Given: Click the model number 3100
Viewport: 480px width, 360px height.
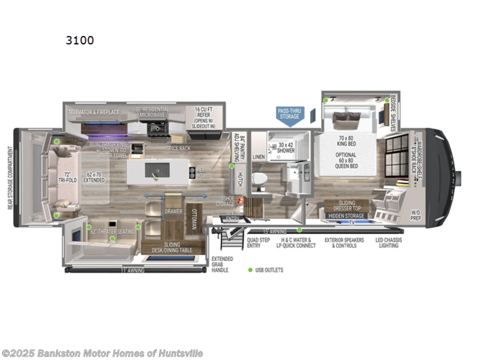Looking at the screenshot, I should tap(79, 40).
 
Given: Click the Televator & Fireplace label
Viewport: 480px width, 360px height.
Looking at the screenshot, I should tap(95, 111).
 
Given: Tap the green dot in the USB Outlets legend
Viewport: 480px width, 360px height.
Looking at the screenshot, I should tap(250, 270).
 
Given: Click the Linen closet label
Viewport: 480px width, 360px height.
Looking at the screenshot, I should tap(259, 156).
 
